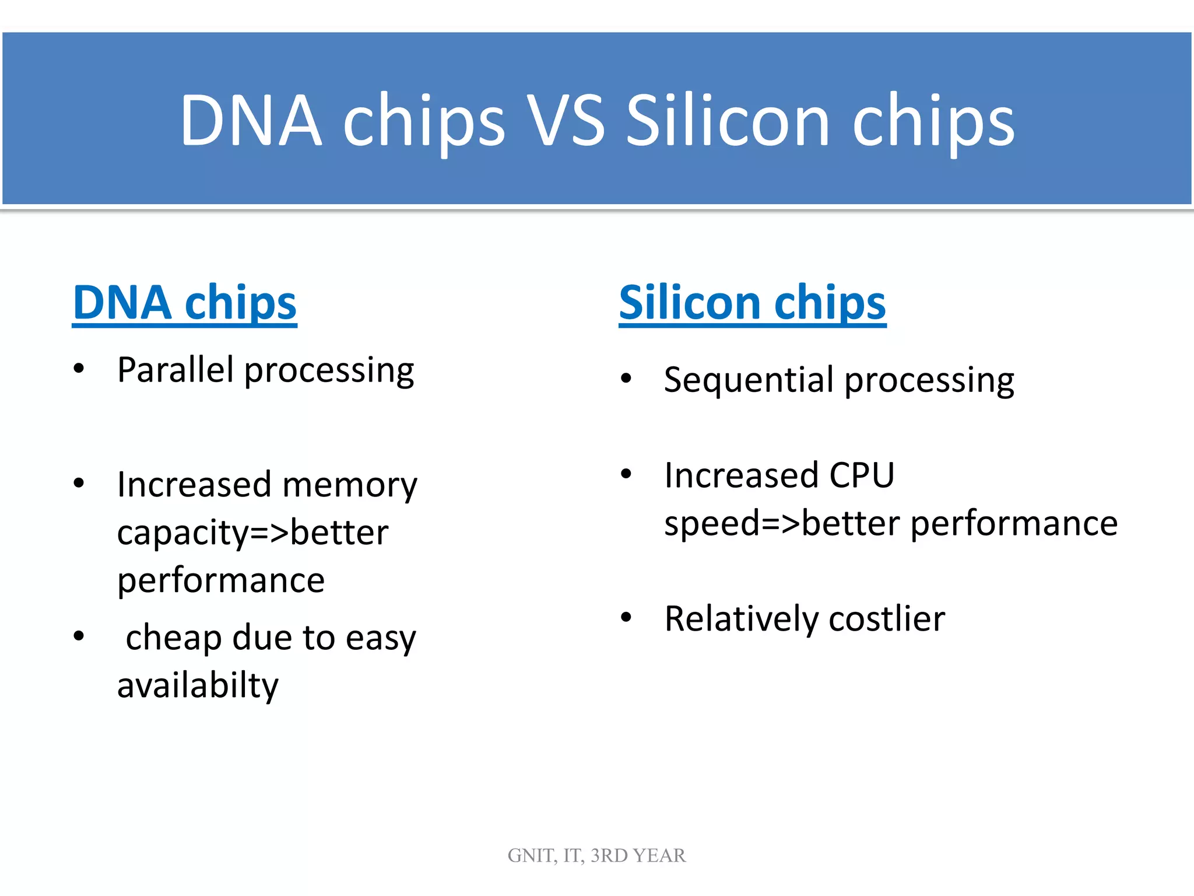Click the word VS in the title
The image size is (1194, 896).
tap(566, 121)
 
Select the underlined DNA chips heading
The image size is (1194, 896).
tap(184, 303)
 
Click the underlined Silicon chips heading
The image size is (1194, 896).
tap(752, 303)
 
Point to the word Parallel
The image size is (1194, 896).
tap(175, 370)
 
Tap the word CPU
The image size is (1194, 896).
tap(861, 475)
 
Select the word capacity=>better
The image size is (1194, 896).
tap(252, 533)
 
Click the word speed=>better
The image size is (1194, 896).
tap(781, 523)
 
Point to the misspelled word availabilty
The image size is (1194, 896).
tap(198, 685)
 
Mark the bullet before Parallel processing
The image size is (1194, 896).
tap(79, 369)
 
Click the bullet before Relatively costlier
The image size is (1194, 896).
tap(626, 617)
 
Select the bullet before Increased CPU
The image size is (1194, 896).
tap(626, 474)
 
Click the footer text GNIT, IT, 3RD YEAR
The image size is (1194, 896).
tap(596, 855)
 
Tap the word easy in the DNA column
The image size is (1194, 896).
tap(381, 638)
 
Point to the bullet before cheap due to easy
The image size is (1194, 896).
tap(79, 636)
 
